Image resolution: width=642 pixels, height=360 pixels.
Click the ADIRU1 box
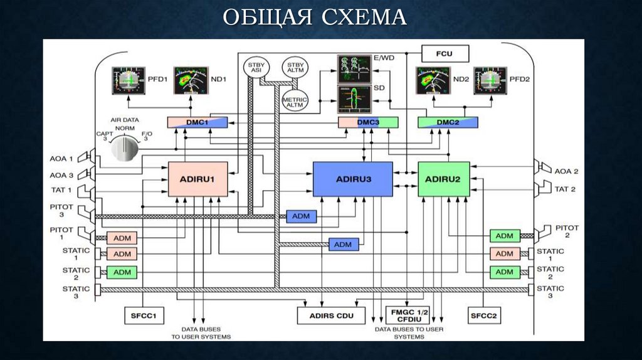(x=197, y=179)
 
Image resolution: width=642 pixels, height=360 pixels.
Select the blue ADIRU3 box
(x=353, y=179)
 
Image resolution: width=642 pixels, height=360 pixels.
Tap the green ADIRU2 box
(x=443, y=179)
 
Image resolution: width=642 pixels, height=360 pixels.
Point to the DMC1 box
(x=197, y=122)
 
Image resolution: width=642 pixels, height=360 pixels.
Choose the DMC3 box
(x=368, y=122)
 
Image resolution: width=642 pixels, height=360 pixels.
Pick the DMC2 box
(x=448, y=122)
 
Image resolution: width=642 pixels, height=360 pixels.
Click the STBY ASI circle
(x=254, y=68)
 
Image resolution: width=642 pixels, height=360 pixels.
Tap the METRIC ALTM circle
(x=293, y=101)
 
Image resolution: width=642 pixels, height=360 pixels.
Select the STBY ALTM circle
(x=293, y=68)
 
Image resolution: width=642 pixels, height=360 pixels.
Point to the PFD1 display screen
(x=128, y=80)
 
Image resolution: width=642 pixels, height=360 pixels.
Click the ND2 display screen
(x=433, y=80)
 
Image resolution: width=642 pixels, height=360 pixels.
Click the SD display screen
(x=354, y=99)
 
